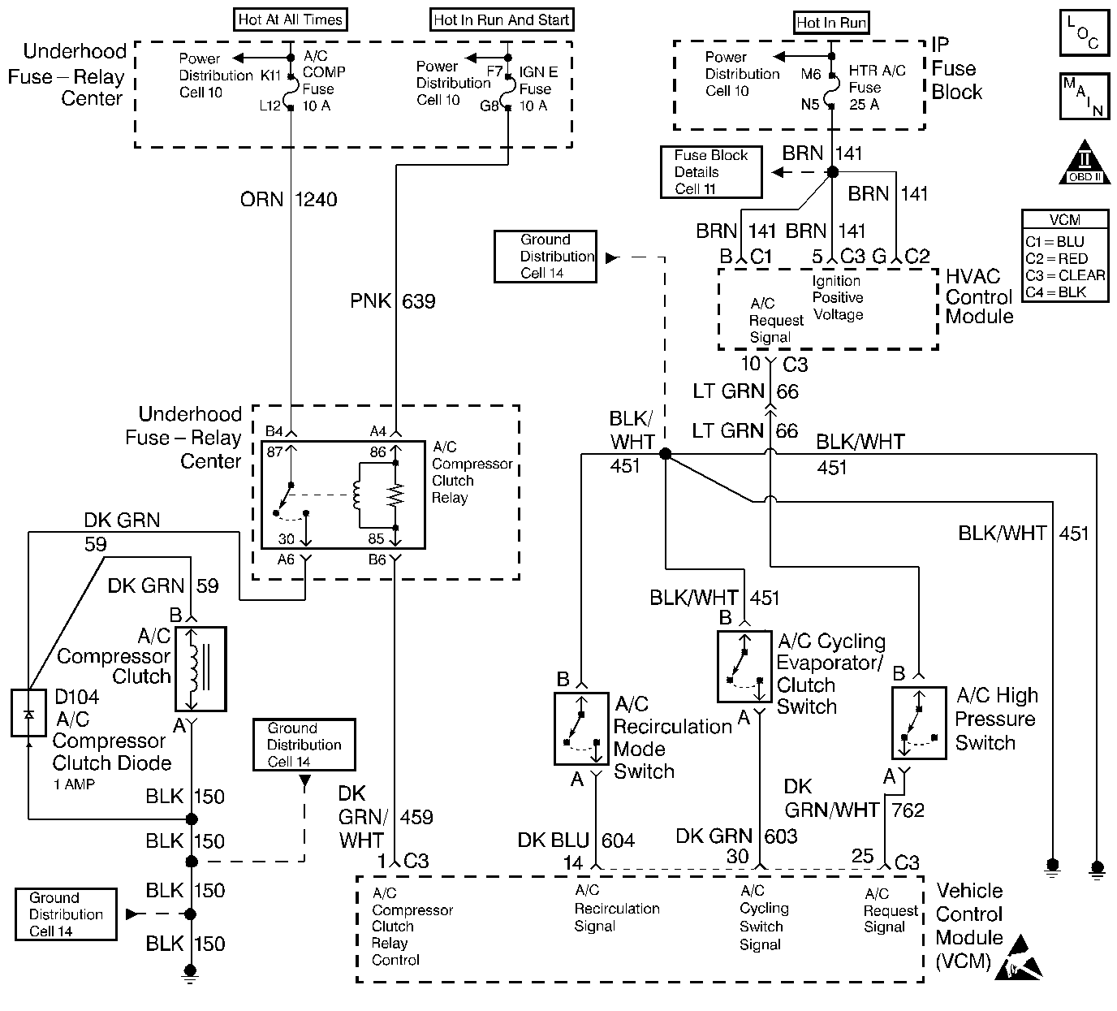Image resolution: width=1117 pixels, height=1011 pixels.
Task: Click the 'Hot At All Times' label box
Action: click(290, 19)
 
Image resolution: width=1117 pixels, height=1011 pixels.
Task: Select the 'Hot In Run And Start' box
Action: click(501, 20)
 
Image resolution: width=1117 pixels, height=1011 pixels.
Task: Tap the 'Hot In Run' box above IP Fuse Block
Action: click(830, 23)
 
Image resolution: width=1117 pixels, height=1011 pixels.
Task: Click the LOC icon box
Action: click(1084, 33)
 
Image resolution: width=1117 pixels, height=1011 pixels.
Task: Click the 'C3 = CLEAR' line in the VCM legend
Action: click(1064, 275)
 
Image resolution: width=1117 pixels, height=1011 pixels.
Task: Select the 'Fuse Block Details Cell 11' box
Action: click(711, 172)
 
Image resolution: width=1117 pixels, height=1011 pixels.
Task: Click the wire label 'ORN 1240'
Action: click(288, 200)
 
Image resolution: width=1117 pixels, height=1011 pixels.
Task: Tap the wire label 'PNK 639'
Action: click(393, 302)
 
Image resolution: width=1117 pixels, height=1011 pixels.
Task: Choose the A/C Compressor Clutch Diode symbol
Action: click(28, 713)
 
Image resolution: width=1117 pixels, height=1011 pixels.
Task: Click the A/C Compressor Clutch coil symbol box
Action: click(200, 668)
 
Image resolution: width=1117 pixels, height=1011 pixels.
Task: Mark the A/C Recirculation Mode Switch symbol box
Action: click(580, 728)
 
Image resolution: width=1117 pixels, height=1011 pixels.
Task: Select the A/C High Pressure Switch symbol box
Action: click(918, 723)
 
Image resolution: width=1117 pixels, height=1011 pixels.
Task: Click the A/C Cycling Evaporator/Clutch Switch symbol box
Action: click(744, 666)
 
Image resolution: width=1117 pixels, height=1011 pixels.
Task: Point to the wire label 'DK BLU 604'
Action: click(576, 840)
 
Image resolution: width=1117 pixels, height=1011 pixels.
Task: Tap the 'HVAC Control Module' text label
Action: click(979, 297)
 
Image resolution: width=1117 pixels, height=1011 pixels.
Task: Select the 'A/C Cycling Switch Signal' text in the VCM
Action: click(761, 918)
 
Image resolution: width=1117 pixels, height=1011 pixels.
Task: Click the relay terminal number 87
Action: click(275, 451)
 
